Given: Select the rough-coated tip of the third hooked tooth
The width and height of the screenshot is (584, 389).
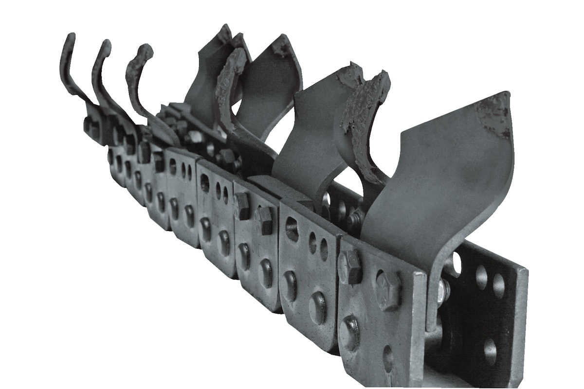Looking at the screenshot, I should (144, 51).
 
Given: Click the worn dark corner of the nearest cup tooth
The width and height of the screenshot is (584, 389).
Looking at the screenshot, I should (494, 114).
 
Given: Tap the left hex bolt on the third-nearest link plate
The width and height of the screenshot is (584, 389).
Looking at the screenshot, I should (242, 206).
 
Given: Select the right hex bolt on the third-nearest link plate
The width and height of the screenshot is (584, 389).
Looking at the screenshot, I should (265, 219).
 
